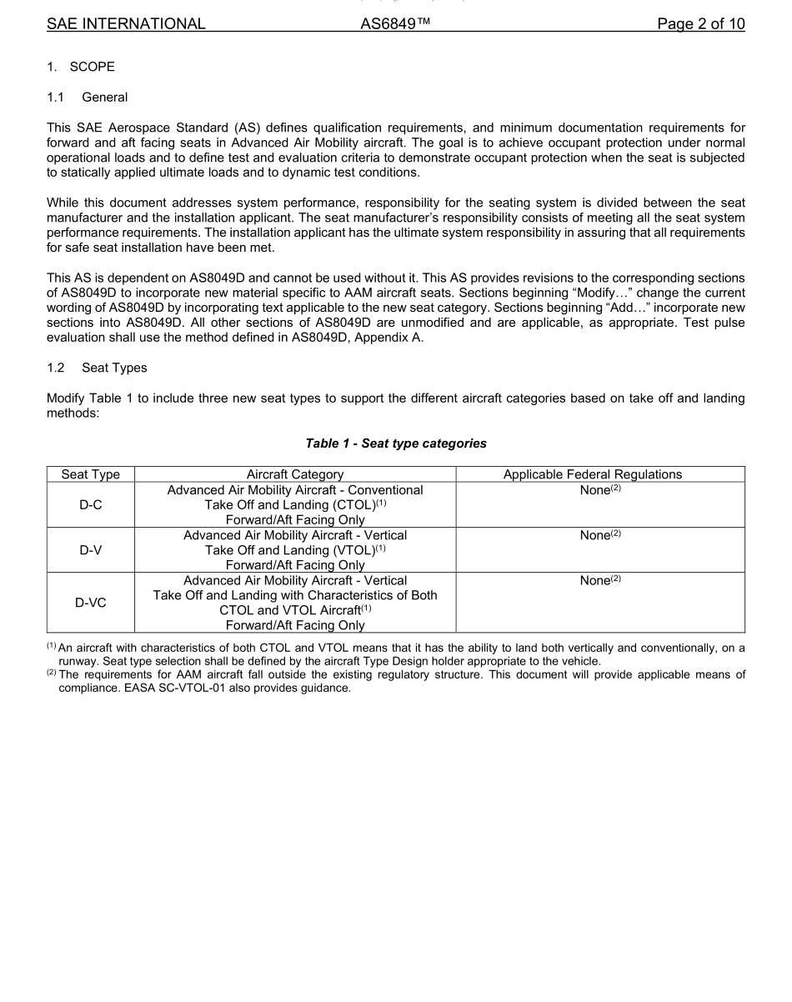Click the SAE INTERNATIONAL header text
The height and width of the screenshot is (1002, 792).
click(x=126, y=24)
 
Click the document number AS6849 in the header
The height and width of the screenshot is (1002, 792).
click(x=395, y=24)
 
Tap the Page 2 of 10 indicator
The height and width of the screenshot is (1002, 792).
click(x=700, y=24)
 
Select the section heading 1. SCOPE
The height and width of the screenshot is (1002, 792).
click(x=81, y=67)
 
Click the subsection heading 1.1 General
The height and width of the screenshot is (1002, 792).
click(x=88, y=98)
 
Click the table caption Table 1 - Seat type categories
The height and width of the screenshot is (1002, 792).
click(x=396, y=443)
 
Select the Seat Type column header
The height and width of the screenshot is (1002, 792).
click(x=90, y=474)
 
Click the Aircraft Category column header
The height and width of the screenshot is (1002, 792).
click(x=295, y=474)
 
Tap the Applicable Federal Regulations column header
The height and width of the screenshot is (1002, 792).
click(x=592, y=474)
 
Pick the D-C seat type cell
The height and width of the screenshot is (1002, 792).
click(x=90, y=504)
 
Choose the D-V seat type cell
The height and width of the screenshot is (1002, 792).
click(x=90, y=549)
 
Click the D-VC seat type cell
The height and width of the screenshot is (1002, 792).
click(x=90, y=603)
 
